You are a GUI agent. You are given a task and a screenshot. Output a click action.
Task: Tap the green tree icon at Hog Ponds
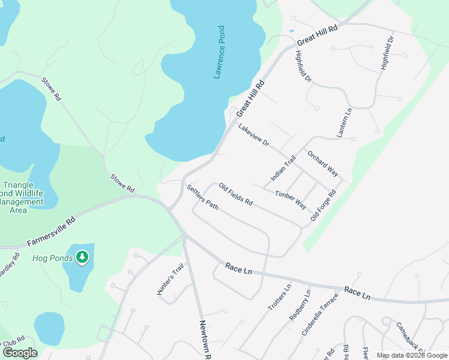click(x=82, y=258)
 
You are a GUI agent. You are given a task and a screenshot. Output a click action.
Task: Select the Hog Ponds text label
click(x=52, y=259)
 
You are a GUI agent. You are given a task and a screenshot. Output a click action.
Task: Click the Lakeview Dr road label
click(x=253, y=136)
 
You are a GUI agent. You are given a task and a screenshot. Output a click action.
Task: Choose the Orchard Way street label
click(x=323, y=163)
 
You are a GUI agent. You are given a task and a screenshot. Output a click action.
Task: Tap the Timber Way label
click(x=291, y=200)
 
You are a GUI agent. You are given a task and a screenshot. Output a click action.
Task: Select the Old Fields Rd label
click(x=235, y=193)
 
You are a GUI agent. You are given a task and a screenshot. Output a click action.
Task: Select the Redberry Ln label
click(x=300, y=305)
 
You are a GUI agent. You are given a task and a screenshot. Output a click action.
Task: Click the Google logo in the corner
click(x=20, y=353)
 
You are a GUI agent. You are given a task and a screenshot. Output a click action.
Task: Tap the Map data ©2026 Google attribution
click(x=411, y=355)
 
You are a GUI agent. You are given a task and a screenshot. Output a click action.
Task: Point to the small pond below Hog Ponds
click(x=49, y=328)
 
